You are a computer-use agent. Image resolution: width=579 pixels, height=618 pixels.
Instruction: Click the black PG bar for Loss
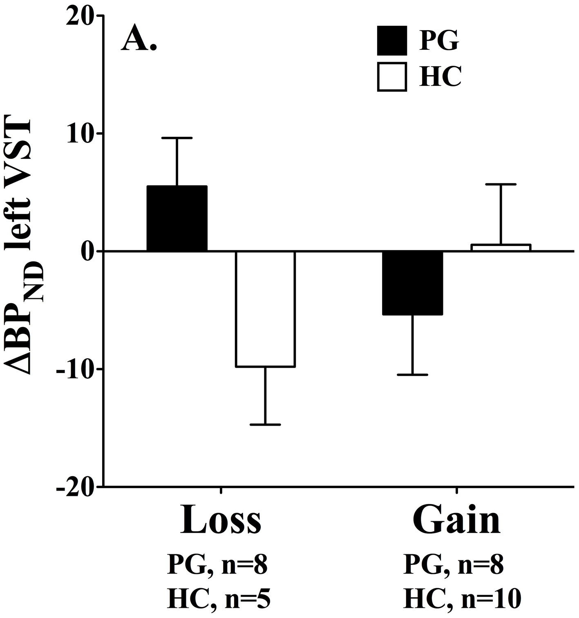(177, 218)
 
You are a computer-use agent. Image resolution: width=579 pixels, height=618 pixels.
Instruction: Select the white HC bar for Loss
(265, 309)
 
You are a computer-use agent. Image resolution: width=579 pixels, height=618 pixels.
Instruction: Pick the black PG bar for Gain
(412, 283)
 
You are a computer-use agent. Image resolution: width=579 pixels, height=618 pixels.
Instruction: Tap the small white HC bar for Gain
(501, 248)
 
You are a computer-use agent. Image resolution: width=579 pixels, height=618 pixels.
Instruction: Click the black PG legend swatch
(391, 40)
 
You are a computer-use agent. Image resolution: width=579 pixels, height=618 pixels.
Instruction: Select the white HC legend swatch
(391, 76)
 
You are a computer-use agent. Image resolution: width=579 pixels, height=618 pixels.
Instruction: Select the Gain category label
(456, 520)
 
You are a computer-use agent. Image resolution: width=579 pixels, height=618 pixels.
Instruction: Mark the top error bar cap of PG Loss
(177, 138)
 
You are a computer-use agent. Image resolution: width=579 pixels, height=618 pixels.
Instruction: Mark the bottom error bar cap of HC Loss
(265, 425)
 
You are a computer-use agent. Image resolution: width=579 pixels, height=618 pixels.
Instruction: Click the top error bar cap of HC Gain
(501, 185)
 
